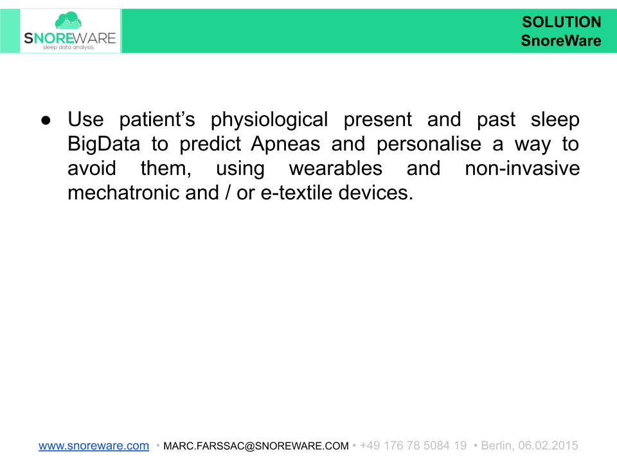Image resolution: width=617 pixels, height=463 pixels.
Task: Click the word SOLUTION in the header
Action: pos(561,23)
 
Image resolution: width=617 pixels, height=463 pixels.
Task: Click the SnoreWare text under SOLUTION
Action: pos(561,41)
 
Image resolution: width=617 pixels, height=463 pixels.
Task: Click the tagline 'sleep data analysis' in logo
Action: pos(68,48)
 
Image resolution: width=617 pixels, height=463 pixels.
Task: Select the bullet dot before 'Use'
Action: pos(46,120)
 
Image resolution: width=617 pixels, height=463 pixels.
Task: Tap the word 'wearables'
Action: pos(335,168)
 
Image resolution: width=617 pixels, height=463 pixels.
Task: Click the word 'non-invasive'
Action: pos(522,168)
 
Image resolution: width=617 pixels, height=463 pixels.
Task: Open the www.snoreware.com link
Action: pos(94,446)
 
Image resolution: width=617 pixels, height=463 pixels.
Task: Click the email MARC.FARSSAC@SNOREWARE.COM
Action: pos(256,446)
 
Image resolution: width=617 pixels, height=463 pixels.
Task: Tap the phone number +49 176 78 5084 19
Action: pos(413,446)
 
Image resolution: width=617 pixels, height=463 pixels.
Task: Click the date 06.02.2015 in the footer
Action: pos(548,446)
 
